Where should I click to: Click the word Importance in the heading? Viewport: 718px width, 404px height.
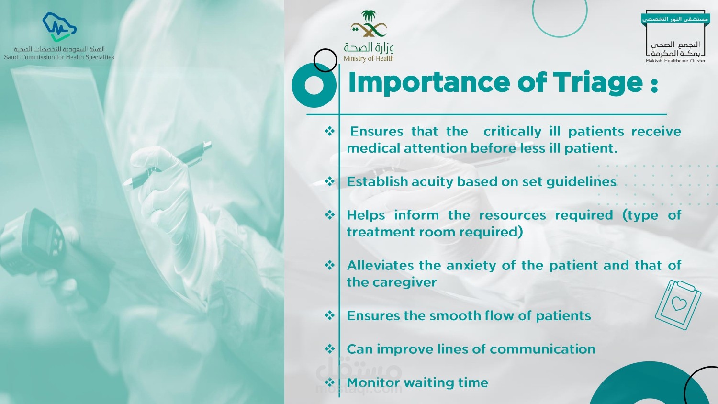point(429,82)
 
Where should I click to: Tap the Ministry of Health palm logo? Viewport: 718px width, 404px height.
point(369,24)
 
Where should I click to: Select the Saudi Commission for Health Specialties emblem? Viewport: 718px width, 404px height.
point(59,27)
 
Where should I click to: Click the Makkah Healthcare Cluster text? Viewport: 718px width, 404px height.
point(675,61)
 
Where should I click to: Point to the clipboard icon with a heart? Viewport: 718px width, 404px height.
point(678,304)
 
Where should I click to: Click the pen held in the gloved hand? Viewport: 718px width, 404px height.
point(167,165)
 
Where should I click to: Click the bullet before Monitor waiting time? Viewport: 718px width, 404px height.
point(329,382)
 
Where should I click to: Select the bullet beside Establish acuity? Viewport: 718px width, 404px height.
point(329,181)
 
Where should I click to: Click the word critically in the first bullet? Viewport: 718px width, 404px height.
point(512,132)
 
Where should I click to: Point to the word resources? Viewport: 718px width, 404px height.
point(512,215)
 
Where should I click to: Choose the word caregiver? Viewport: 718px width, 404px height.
point(405,282)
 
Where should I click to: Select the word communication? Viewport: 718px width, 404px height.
point(542,349)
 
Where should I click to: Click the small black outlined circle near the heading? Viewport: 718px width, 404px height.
point(325,60)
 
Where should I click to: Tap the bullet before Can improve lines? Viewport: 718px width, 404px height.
point(329,349)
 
